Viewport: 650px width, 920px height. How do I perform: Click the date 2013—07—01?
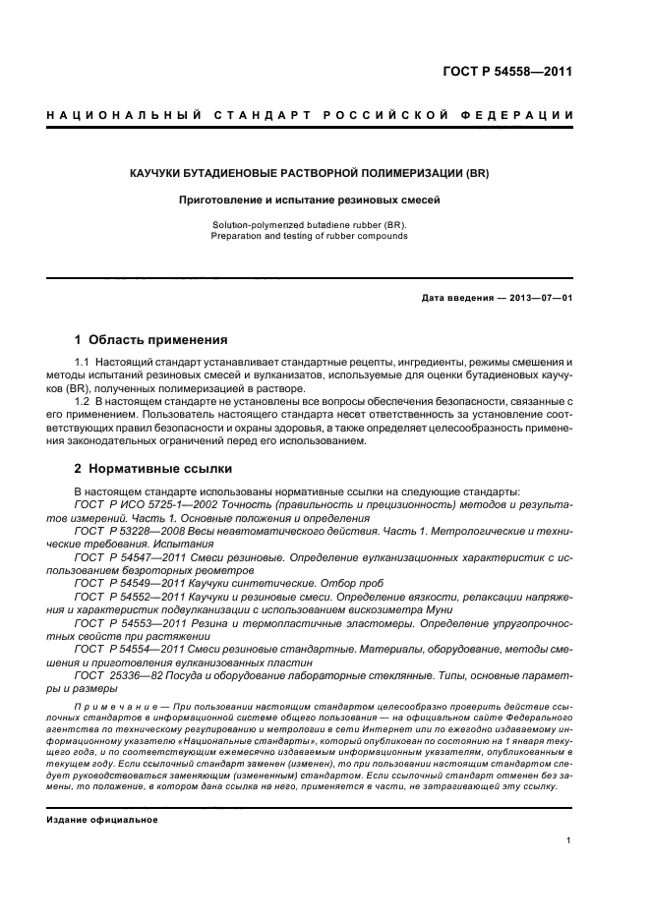540,297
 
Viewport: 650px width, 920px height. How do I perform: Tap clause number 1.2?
83,402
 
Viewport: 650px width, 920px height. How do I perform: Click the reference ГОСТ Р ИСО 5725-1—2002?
148,504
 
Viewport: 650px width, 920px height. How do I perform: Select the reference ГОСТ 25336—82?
120,676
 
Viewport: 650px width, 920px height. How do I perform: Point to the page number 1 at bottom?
569,841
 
